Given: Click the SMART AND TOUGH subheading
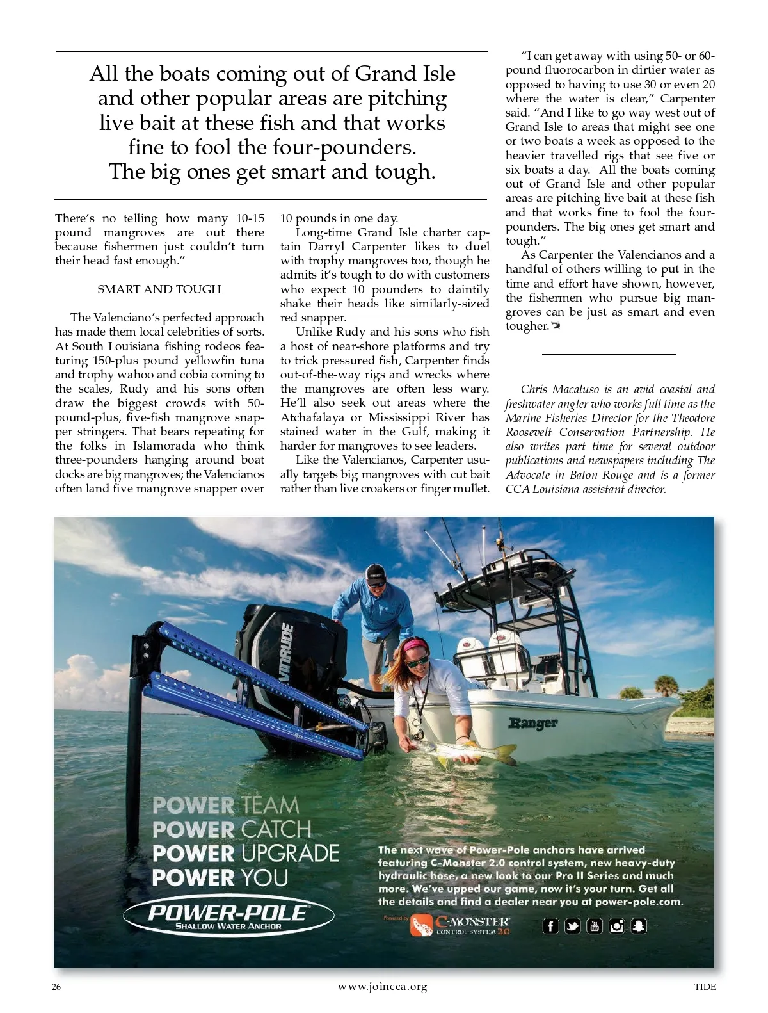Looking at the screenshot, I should (159, 289).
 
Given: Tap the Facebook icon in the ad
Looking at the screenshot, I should (550, 926).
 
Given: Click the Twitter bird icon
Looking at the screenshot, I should (573, 926).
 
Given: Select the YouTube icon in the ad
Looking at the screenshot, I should (595, 926).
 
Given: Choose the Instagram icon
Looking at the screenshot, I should (616, 926).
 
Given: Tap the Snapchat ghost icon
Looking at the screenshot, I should (638, 926).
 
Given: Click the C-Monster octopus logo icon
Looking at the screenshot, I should (422, 925).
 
